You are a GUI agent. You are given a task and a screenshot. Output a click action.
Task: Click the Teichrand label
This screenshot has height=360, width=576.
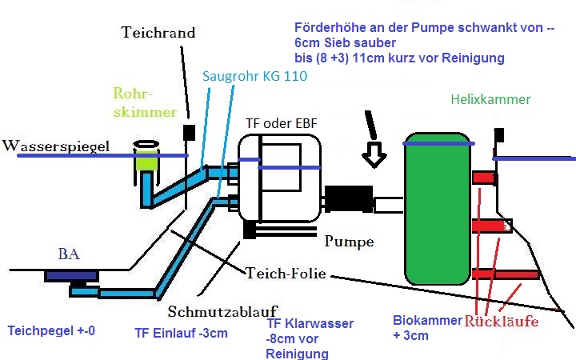[x=158, y=33]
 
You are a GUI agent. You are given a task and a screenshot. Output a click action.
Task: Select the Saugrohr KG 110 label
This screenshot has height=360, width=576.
[x=254, y=76]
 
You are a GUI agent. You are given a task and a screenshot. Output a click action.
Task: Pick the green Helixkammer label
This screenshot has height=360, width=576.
[x=490, y=100]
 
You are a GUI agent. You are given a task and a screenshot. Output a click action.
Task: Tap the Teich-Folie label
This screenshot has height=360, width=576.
[x=286, y=272]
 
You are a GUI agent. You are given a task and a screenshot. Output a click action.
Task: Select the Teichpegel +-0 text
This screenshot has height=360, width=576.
[x=50, y=330]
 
